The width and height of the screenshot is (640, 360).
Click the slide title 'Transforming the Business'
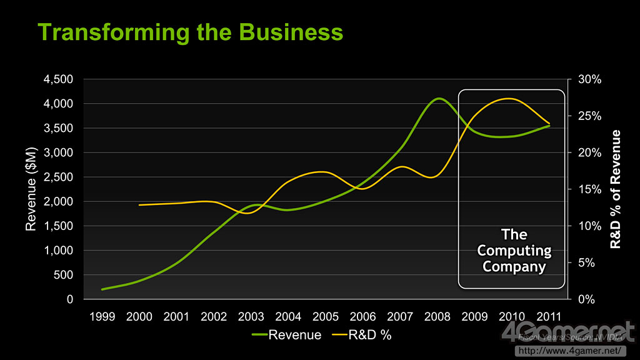point(191,32)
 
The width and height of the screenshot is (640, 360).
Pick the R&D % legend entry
point(362,335)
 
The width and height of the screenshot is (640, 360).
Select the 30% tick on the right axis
point(589,79)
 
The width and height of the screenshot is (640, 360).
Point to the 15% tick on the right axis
point(589,189)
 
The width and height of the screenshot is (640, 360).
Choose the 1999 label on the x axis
point(102,316)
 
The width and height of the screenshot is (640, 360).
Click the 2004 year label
point(289,316)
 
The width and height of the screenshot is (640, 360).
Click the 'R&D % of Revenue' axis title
point(616,189)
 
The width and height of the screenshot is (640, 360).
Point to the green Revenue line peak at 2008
point(439,98)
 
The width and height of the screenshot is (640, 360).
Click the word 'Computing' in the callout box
point(514,251)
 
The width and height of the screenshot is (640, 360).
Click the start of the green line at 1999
point(102,289)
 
